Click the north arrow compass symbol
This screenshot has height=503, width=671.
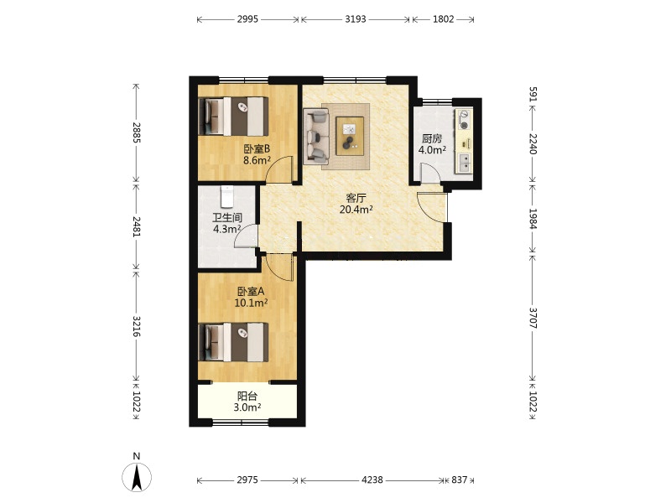click(137, 476)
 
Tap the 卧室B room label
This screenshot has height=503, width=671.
click(257, 149)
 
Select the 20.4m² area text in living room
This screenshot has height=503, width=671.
click(356, 210)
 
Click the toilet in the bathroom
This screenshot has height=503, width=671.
click(226, 196)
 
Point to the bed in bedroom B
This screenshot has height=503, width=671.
click(234, 117)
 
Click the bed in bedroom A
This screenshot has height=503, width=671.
click(234, 342)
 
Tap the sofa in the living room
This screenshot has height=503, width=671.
click(316, 137)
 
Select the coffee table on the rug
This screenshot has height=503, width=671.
click(350, 136)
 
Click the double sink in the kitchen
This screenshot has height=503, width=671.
click(464, 163)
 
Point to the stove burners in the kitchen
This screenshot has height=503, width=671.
click(464, 120)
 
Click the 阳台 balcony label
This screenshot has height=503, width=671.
click(247, 396)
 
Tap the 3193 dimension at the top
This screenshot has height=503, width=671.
click(356, 19)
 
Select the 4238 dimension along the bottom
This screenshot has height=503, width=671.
click(372, 480)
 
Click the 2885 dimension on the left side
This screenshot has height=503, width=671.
click(137, 132)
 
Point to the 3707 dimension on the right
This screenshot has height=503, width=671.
click(533, 318)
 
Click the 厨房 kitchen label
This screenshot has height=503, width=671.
click(432, 138)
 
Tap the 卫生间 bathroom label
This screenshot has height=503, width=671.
click(227, 218)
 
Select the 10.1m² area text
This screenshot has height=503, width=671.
click(251, 303)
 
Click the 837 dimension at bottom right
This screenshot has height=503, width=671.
click(459, 480)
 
